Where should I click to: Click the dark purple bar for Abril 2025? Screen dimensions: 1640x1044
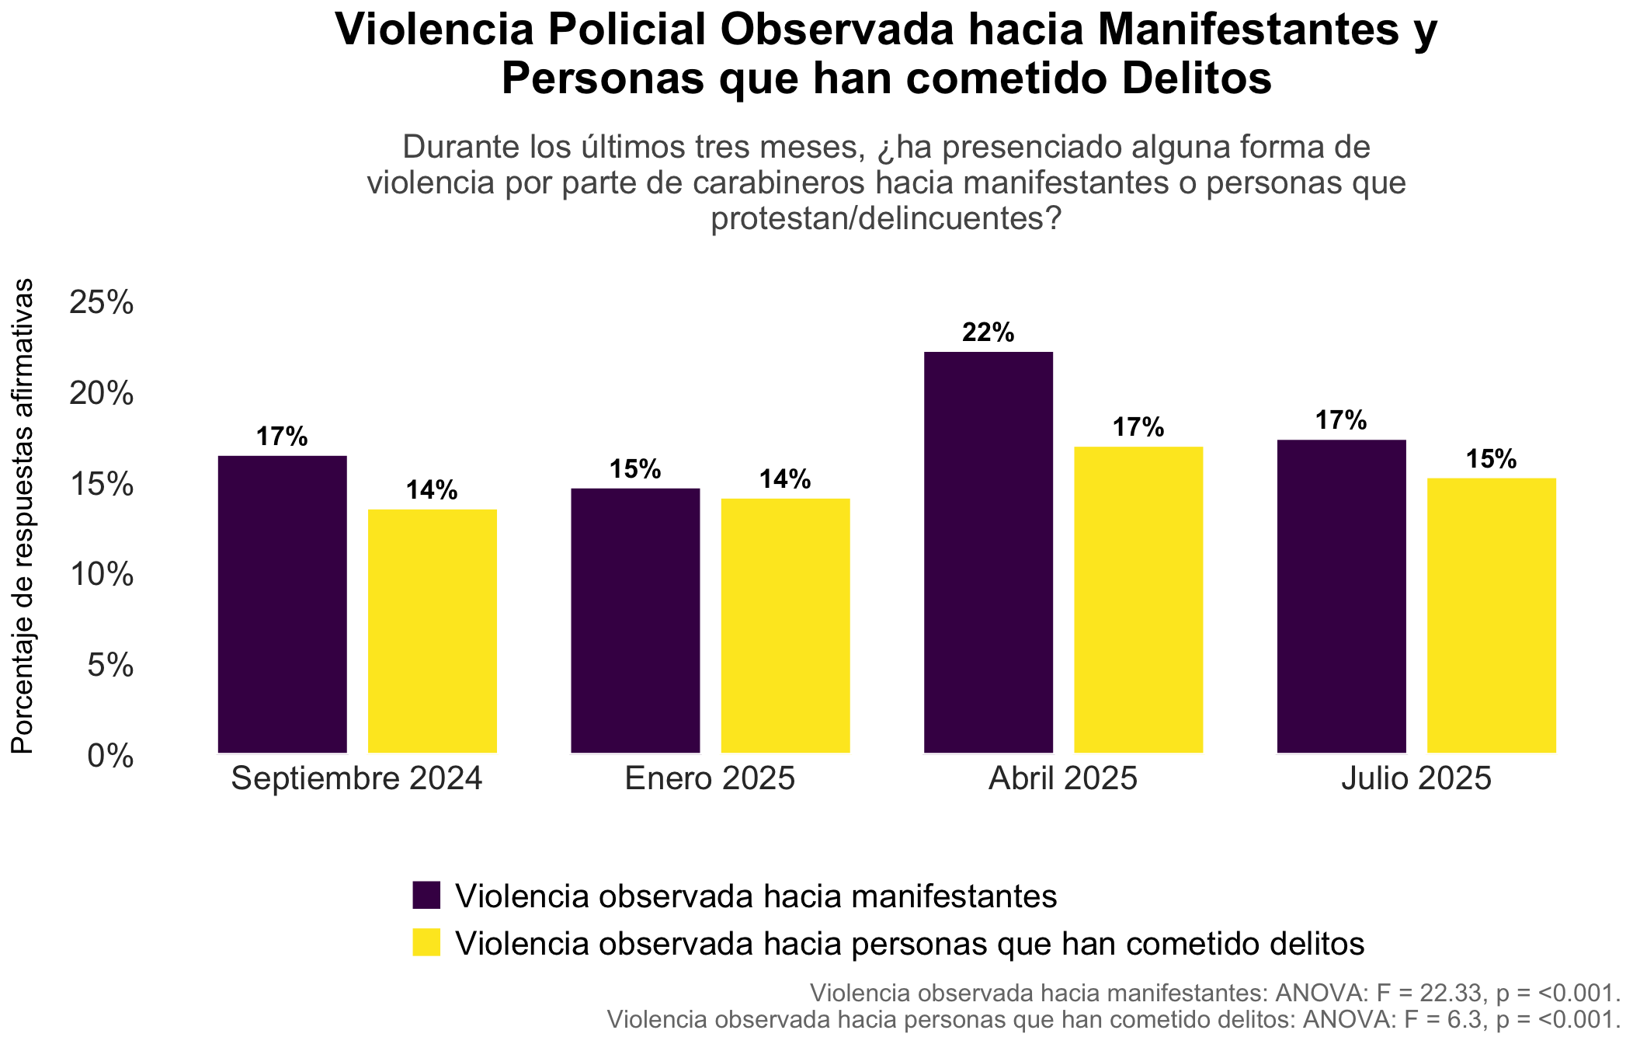coord(989,552)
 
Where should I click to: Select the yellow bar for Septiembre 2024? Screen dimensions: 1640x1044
coord(433,632)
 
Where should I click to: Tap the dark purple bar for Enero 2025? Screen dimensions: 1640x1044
coord(635,621)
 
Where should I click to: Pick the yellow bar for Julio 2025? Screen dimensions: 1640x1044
coord(1492,616)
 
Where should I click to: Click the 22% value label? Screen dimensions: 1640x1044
coord(989,333)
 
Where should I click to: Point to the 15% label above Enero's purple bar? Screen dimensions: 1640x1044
coord(635,470)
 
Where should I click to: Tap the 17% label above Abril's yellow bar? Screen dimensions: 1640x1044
coord(1138,428)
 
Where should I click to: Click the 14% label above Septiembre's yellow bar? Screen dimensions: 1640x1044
coord(433,491)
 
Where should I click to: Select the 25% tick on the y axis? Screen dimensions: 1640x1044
coord(102,303)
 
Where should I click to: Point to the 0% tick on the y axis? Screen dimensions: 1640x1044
coord(111,756)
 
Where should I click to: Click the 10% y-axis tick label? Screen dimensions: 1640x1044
coord(102,575)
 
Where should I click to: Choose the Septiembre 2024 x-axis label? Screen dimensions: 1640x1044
coord(357,779)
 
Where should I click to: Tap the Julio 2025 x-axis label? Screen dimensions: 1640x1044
coord(1416,779)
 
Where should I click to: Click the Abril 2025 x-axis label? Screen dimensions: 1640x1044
coord(1063,779)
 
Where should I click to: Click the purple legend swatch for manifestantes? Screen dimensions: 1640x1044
coord(426,896)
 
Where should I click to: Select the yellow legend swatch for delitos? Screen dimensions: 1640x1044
coord(426,943)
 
